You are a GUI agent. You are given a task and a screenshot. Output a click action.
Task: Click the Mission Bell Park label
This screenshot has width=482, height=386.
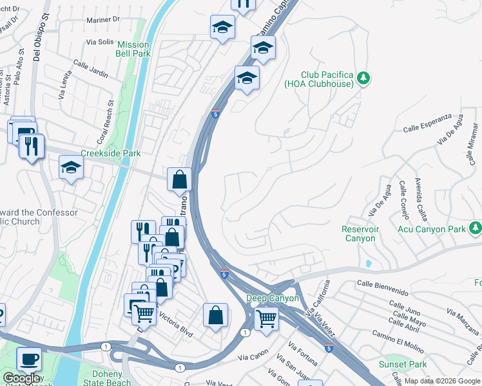coord(133,49)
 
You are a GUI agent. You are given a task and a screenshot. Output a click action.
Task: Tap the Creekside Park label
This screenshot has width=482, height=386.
coord(110,154)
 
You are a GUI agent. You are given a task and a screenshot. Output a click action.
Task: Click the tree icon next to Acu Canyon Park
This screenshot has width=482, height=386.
coord(476,228)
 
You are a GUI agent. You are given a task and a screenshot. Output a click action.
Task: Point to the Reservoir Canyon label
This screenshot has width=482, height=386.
coord(360,234)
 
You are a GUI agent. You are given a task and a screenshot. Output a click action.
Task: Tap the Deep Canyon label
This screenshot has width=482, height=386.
coord(273,299)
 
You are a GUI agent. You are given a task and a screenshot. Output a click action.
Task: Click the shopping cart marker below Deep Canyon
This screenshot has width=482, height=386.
coord(265,317)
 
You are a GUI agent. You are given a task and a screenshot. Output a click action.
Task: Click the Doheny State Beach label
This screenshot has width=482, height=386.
coord(107,378)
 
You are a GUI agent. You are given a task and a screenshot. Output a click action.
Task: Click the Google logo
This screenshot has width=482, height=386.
coord(21,379)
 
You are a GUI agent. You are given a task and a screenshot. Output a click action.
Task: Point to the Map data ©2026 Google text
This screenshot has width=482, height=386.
coord(442,381)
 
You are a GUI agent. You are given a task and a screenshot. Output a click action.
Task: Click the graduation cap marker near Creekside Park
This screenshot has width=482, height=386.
coord(70,169)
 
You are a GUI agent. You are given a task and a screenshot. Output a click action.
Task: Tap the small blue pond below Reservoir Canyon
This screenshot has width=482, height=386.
coord(367,264)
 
